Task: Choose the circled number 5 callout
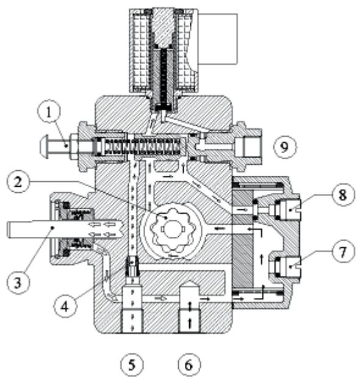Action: click(x=132, y=364)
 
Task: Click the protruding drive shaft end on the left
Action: click(x=24, y=228)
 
